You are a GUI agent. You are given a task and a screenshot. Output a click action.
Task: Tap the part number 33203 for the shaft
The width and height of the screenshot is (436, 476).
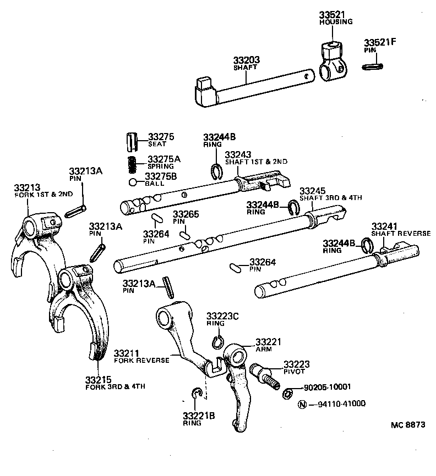pyautogui.click(x=246, y=60)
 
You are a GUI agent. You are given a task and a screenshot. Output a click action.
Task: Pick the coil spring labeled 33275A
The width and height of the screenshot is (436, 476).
pyautogui.click(x=132, y=163)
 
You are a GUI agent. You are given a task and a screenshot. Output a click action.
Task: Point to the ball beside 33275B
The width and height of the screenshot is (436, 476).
pyautogui.click(x=133, y=182)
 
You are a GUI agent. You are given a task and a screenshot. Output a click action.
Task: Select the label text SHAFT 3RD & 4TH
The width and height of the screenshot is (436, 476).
pyautogui.click(x=330, y=198)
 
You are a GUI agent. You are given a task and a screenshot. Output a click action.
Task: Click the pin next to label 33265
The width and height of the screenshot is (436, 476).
pyautogui.click(x=184, y=235)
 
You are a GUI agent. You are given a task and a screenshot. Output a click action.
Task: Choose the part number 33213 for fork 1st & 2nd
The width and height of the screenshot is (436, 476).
pyautogui.click(x=27, y=187)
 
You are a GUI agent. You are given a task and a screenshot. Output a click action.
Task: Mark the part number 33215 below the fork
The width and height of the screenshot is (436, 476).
pyautogui.click(x=99, y=379)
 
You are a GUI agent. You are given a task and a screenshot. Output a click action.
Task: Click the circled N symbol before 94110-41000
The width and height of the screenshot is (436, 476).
pyautogui.click(x=301, y=405)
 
